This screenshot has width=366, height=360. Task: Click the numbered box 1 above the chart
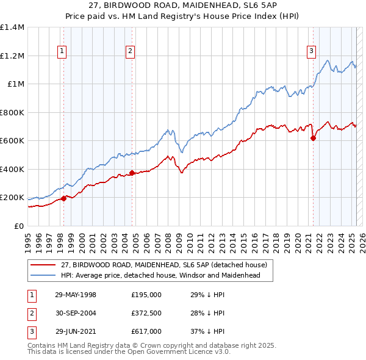(63, 52)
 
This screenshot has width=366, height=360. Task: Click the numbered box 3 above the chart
(311, 52)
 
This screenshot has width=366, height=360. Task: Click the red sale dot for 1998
(63, 198)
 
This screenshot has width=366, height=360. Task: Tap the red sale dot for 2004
(132, 173)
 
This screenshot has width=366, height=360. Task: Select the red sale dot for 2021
(313, 138)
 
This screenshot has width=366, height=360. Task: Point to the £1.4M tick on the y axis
(12, 27)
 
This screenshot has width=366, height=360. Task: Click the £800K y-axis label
(12, 112)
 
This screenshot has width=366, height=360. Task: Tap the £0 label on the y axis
(18, 226)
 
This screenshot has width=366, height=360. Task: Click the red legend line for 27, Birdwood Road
(43, 265)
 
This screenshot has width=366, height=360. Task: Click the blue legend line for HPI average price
(43, 275)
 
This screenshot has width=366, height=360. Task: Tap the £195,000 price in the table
(146, 295)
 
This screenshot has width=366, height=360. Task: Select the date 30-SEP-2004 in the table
(75, 313)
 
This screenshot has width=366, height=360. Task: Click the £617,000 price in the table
(146, 331)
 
